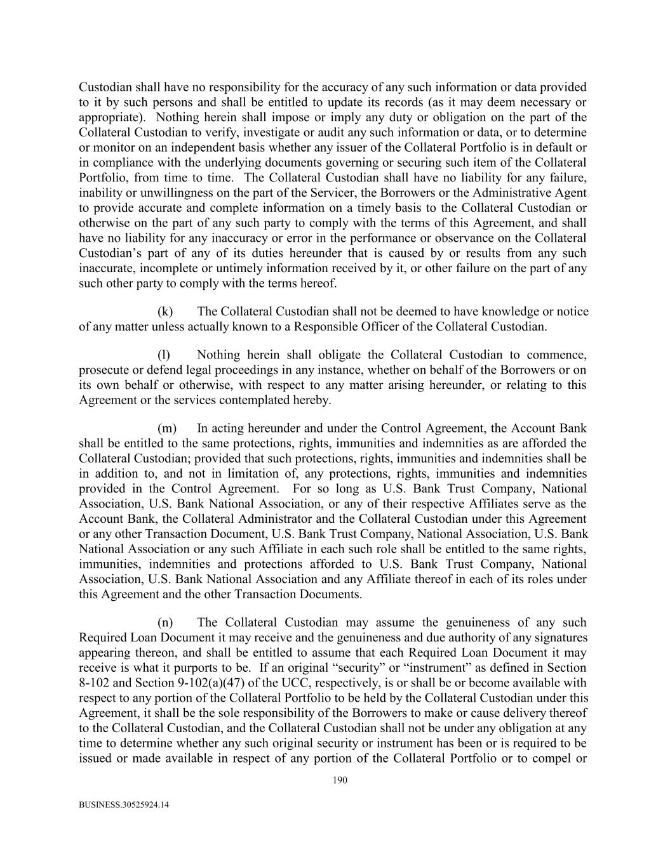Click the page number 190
click(x=340, y=780)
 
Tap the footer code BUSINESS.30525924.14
click(x=124, y=804)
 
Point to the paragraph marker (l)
click(x=164, y=355)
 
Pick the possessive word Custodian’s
click(x=107, y=253)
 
